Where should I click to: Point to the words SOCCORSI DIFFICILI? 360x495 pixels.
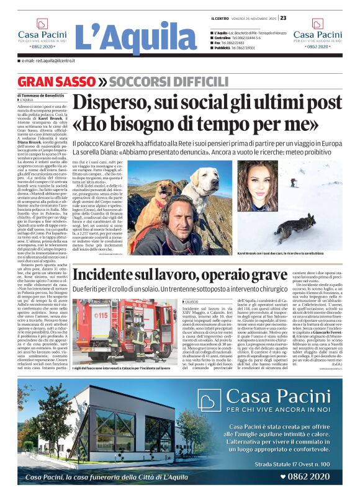(x=147, y=82)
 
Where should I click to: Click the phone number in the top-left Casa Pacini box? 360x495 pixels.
(x=42, y=46)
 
